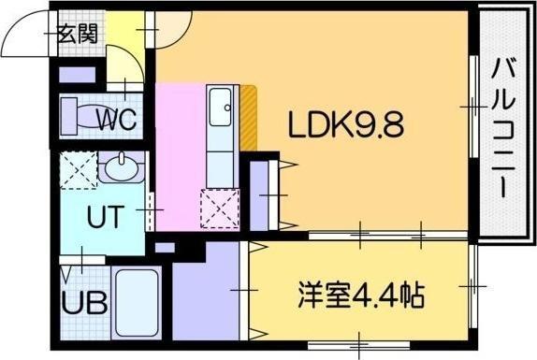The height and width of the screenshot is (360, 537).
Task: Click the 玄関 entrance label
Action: (78, 35)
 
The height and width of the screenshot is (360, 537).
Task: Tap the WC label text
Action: (117, 120)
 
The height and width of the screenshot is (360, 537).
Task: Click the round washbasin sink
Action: (119, 171)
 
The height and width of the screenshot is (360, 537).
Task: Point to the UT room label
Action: (103, 217)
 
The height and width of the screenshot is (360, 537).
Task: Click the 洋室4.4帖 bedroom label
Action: (360, 297)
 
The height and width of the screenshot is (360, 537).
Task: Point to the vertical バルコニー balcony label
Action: (504, 126)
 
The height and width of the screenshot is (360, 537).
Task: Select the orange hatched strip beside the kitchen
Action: (249, 117)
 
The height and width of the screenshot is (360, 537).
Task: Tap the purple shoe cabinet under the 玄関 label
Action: (74, 74)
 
